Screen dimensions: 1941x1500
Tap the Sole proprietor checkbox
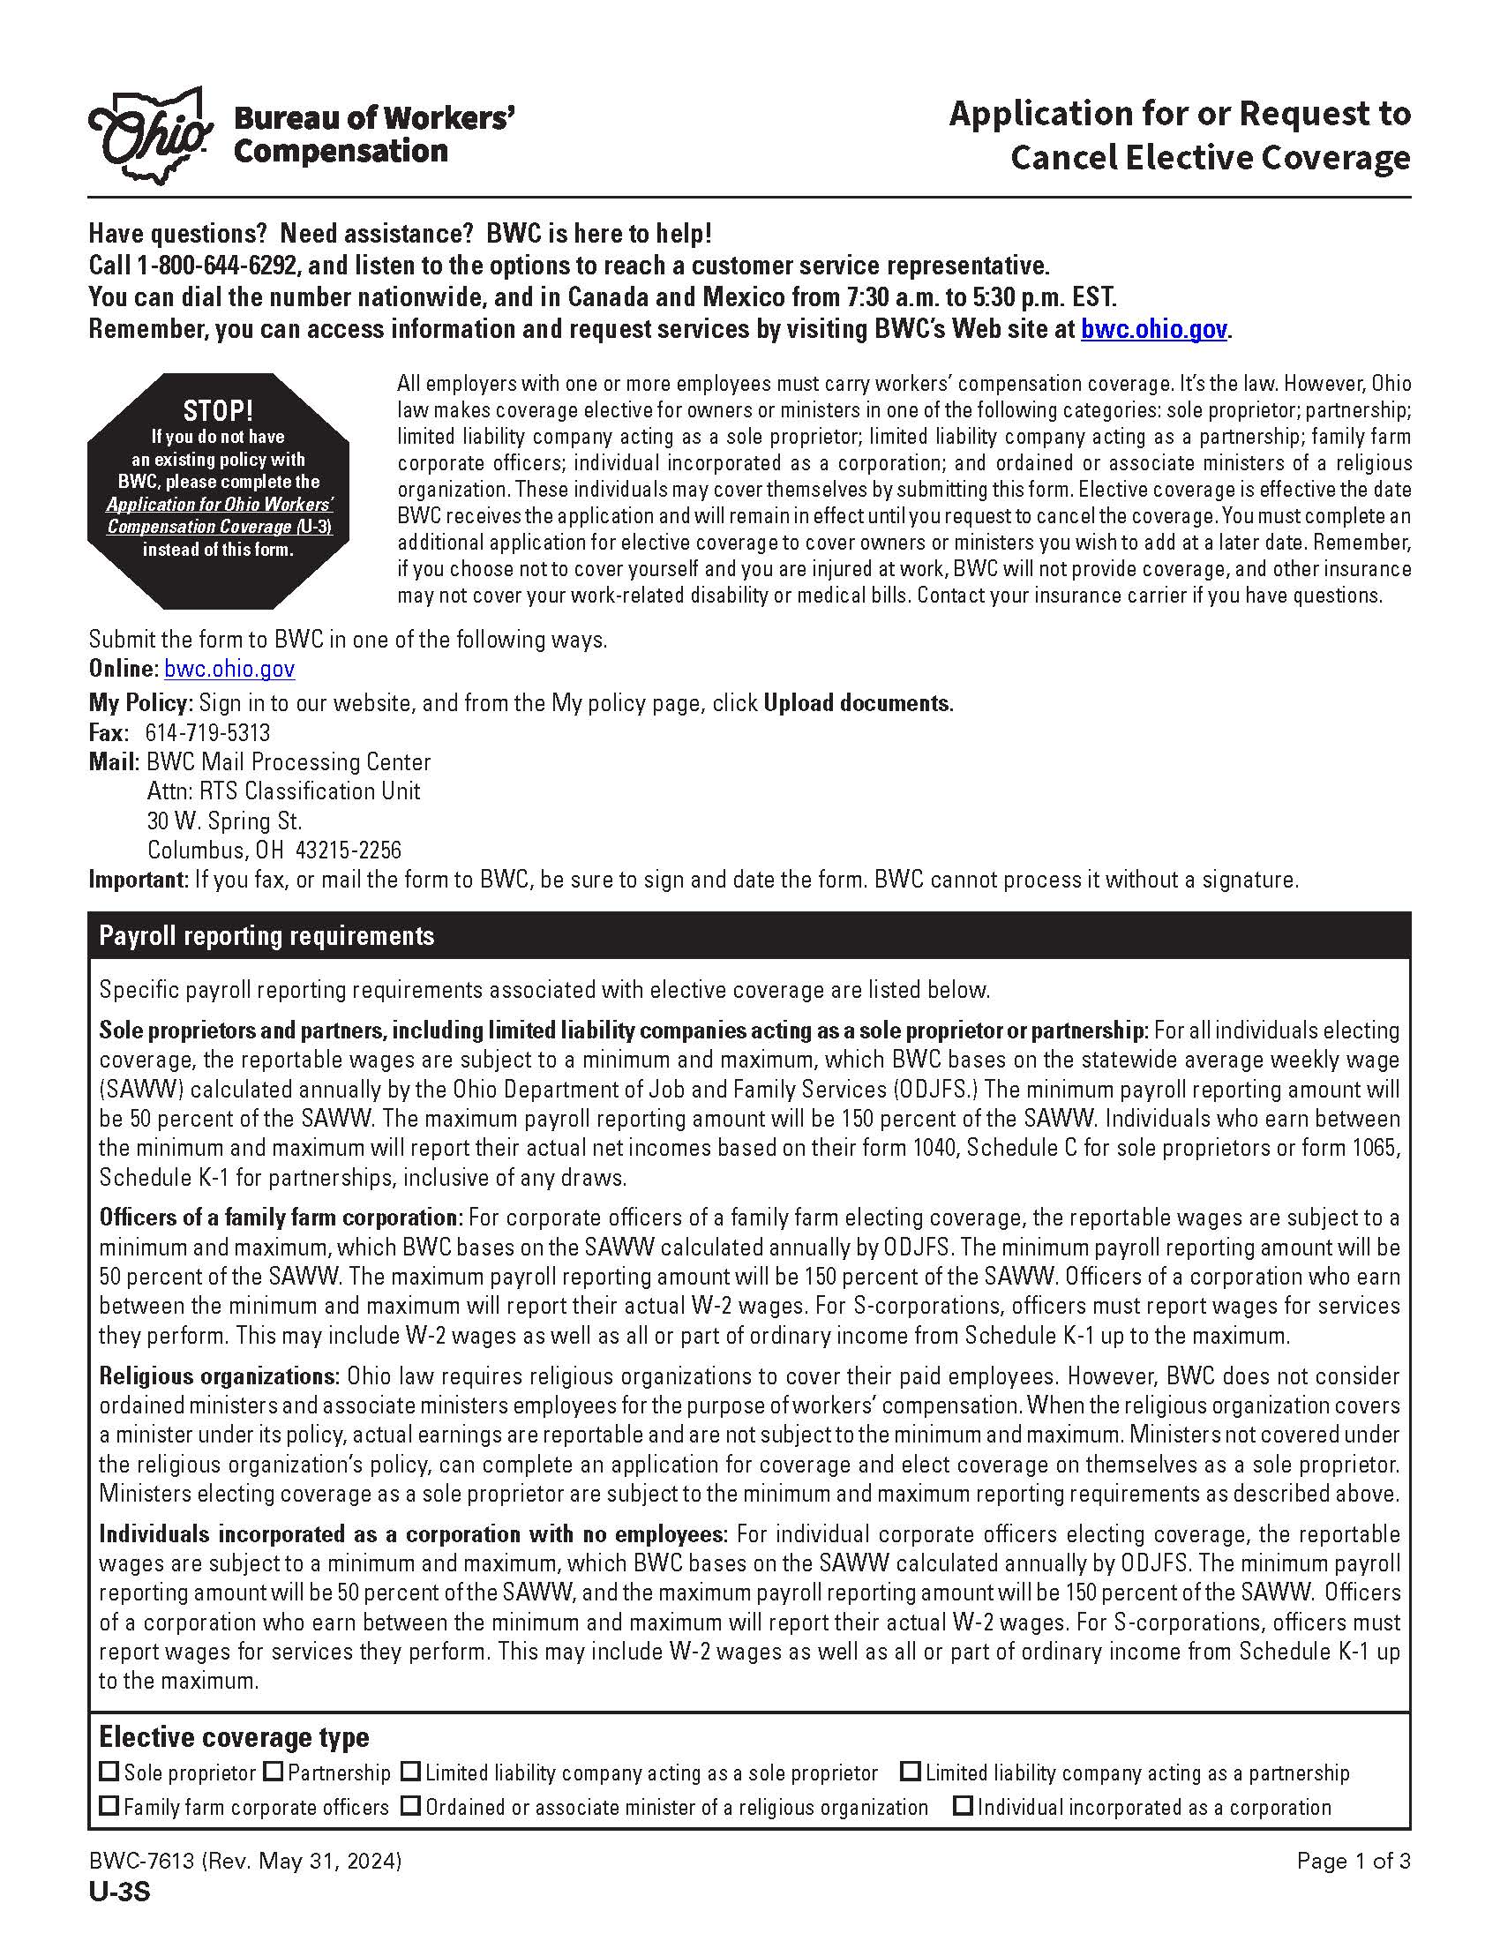109,1772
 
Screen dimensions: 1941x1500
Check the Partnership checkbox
274,1772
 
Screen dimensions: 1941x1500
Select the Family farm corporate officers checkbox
109,1807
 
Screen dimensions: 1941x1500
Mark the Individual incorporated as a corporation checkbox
963,1807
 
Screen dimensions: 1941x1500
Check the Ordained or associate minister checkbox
409,1807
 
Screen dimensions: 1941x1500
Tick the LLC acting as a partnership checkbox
910,1772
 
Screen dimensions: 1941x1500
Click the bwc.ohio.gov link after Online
229,670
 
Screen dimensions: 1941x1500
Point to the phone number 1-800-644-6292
219,266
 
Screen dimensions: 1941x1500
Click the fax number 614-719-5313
207,733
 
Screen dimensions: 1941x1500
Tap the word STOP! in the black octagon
218,410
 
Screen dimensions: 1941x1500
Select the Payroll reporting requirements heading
266,936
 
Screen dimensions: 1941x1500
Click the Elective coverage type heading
234,1736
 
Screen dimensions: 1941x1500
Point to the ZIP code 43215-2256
349,851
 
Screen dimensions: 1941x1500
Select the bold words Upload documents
858,703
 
